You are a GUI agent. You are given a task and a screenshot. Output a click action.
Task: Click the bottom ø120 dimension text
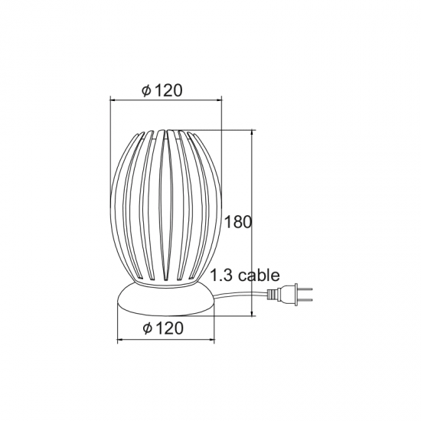(162, 329)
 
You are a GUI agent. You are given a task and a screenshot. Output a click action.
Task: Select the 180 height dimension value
(239, 222)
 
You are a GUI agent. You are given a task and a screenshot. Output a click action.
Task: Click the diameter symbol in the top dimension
(146, 90)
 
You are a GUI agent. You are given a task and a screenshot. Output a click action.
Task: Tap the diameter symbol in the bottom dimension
(147, 329)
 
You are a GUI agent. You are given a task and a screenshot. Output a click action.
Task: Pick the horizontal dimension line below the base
(165, 338)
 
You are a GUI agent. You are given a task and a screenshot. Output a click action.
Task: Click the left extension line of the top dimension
(111, 138)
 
